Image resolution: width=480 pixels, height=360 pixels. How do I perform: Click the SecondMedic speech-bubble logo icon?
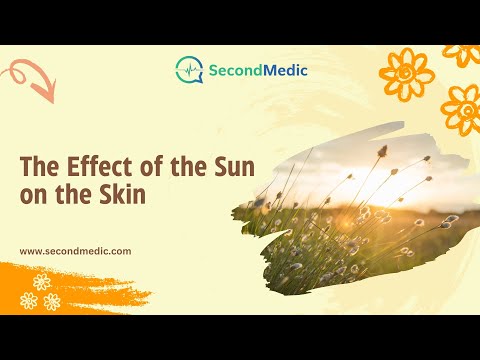click(189, 70)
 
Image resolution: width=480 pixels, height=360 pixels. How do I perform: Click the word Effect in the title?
click(99, 166)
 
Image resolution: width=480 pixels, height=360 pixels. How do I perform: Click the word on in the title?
click(33, 196)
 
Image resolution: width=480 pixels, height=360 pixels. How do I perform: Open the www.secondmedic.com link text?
click(75, 251)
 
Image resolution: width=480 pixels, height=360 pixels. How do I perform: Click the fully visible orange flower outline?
click(407, 74)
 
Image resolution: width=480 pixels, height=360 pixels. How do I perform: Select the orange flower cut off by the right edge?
click(462, 110)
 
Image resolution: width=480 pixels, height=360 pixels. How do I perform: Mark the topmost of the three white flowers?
click(42, 282)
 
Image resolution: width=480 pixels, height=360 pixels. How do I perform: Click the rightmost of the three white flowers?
click(52, 302)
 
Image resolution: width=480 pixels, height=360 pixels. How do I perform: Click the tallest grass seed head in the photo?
click(382, 151)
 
